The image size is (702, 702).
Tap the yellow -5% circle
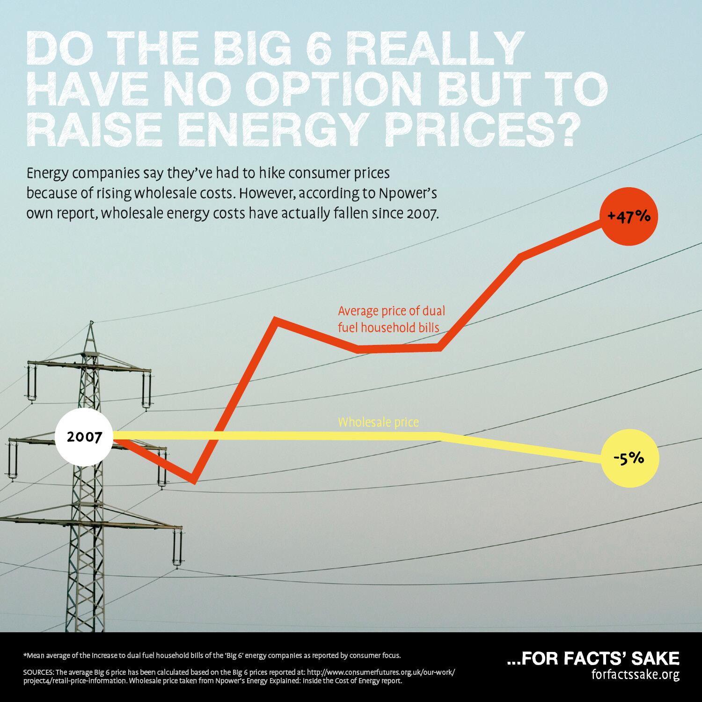pos(629,459)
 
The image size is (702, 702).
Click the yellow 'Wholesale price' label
pos(378,423)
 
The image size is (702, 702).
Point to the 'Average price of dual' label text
pos(391,311)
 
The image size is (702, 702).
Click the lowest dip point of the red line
pos(194,481)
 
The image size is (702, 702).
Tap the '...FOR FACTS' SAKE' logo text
pos(593,658)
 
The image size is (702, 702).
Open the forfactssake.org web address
pos(635,675)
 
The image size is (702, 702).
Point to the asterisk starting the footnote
pos(24,654)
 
